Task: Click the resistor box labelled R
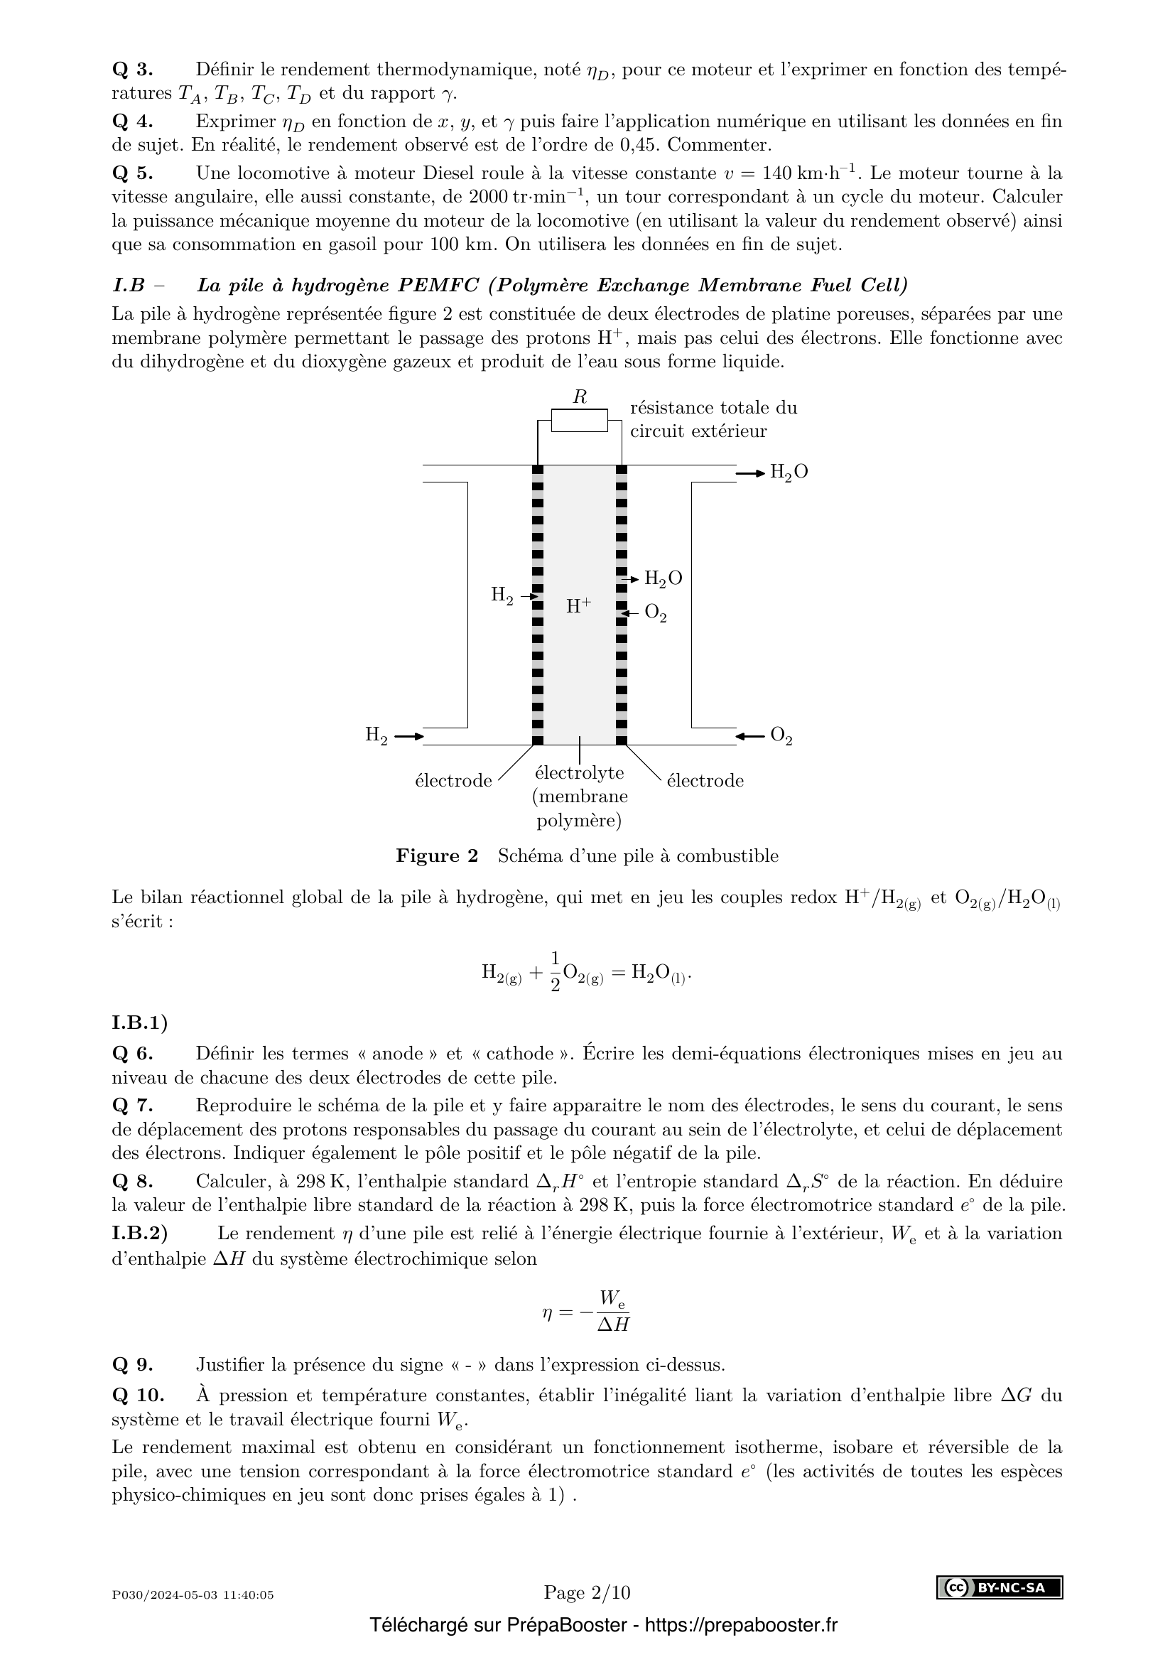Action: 579,420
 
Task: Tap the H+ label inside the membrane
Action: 578,605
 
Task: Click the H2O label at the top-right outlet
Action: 789,473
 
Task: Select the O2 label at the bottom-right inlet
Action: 781,736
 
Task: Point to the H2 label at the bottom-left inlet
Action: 377,736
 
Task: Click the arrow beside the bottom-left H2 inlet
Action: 408,736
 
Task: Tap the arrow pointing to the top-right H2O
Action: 750,473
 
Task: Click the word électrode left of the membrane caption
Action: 453,781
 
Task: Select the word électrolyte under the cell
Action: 579,773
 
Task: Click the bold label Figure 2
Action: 437,856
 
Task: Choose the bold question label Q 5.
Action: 132,173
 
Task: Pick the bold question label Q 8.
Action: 132,1182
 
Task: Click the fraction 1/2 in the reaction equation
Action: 555,972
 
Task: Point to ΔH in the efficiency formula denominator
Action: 613,1324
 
